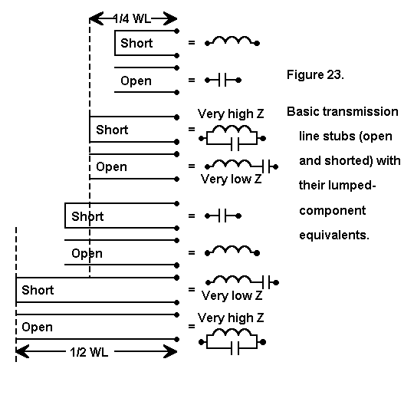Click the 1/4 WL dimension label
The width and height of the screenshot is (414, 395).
point(132,18)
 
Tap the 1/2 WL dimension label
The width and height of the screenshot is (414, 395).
point(89,352)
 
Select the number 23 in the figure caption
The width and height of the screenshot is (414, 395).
point(335,74)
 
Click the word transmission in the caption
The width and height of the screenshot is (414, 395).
point(360,111)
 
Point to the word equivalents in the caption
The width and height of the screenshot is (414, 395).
point(334,235)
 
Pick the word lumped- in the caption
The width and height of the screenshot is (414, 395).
point(356,186)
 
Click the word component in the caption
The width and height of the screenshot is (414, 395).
point(333,212)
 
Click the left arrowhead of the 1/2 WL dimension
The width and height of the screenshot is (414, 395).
point(22,352)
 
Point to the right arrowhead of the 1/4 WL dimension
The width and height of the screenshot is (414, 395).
point(170,18)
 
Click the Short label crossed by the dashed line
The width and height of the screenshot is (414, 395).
point(87,216)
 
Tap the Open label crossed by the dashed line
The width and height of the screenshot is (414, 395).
point(87,254)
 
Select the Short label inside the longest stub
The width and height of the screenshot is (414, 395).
point(38,290)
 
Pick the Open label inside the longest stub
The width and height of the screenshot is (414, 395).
point(38,328)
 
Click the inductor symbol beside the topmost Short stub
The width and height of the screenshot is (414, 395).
point(232,41)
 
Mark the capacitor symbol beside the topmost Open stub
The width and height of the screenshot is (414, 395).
point(223,80)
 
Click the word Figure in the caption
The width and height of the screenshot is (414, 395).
point(305,75)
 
